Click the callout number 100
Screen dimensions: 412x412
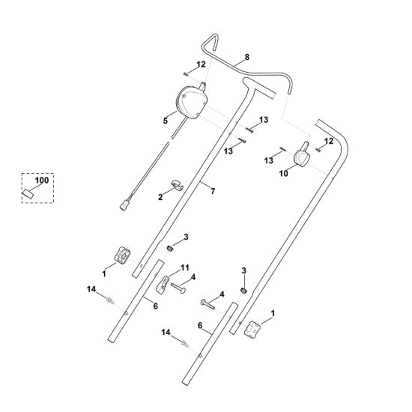(42, 181)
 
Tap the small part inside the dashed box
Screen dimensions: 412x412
(28, 194)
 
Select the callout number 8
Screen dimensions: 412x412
(246, 57)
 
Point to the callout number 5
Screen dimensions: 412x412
(166, 121)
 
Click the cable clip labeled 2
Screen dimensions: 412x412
(178, 185)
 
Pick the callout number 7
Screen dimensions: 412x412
(213, 191)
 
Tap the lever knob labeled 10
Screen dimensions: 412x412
(302, 156)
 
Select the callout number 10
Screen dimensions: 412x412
(283, 174)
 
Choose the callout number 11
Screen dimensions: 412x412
(185, 267)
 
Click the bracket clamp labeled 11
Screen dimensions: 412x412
(163, 284)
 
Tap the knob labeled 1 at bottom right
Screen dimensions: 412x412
(252, 329)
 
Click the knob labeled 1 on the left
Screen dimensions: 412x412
(122, 255)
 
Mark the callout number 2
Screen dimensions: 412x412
(160, 197)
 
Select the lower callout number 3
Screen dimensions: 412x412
(244, 270)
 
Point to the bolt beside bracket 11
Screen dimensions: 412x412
(178, 287)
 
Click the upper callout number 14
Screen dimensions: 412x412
(91, 289)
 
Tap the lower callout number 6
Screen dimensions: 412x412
(200, 326)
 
